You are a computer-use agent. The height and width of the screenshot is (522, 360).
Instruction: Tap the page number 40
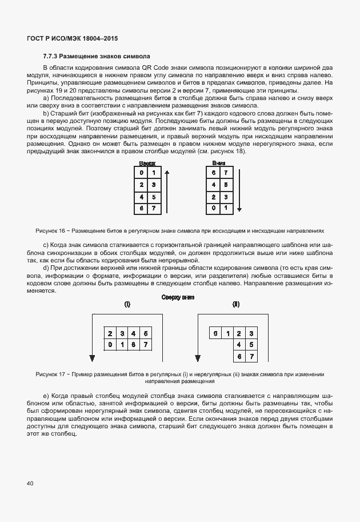(30, 483)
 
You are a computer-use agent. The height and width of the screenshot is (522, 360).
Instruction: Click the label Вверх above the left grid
(147, 164)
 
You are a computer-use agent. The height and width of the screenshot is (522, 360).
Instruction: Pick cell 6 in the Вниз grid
(213, 172)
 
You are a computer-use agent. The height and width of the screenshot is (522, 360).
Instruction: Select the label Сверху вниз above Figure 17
(178, 297)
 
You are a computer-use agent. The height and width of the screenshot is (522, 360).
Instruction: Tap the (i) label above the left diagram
(127, 305)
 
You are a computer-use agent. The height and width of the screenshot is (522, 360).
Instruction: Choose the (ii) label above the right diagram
(235, 305)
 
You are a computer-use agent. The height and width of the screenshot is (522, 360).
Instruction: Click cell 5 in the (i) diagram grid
(146, 333)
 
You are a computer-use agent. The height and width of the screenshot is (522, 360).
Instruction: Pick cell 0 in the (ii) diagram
(214, 333)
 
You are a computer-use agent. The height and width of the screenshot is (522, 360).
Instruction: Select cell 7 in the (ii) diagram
(252, 357)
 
